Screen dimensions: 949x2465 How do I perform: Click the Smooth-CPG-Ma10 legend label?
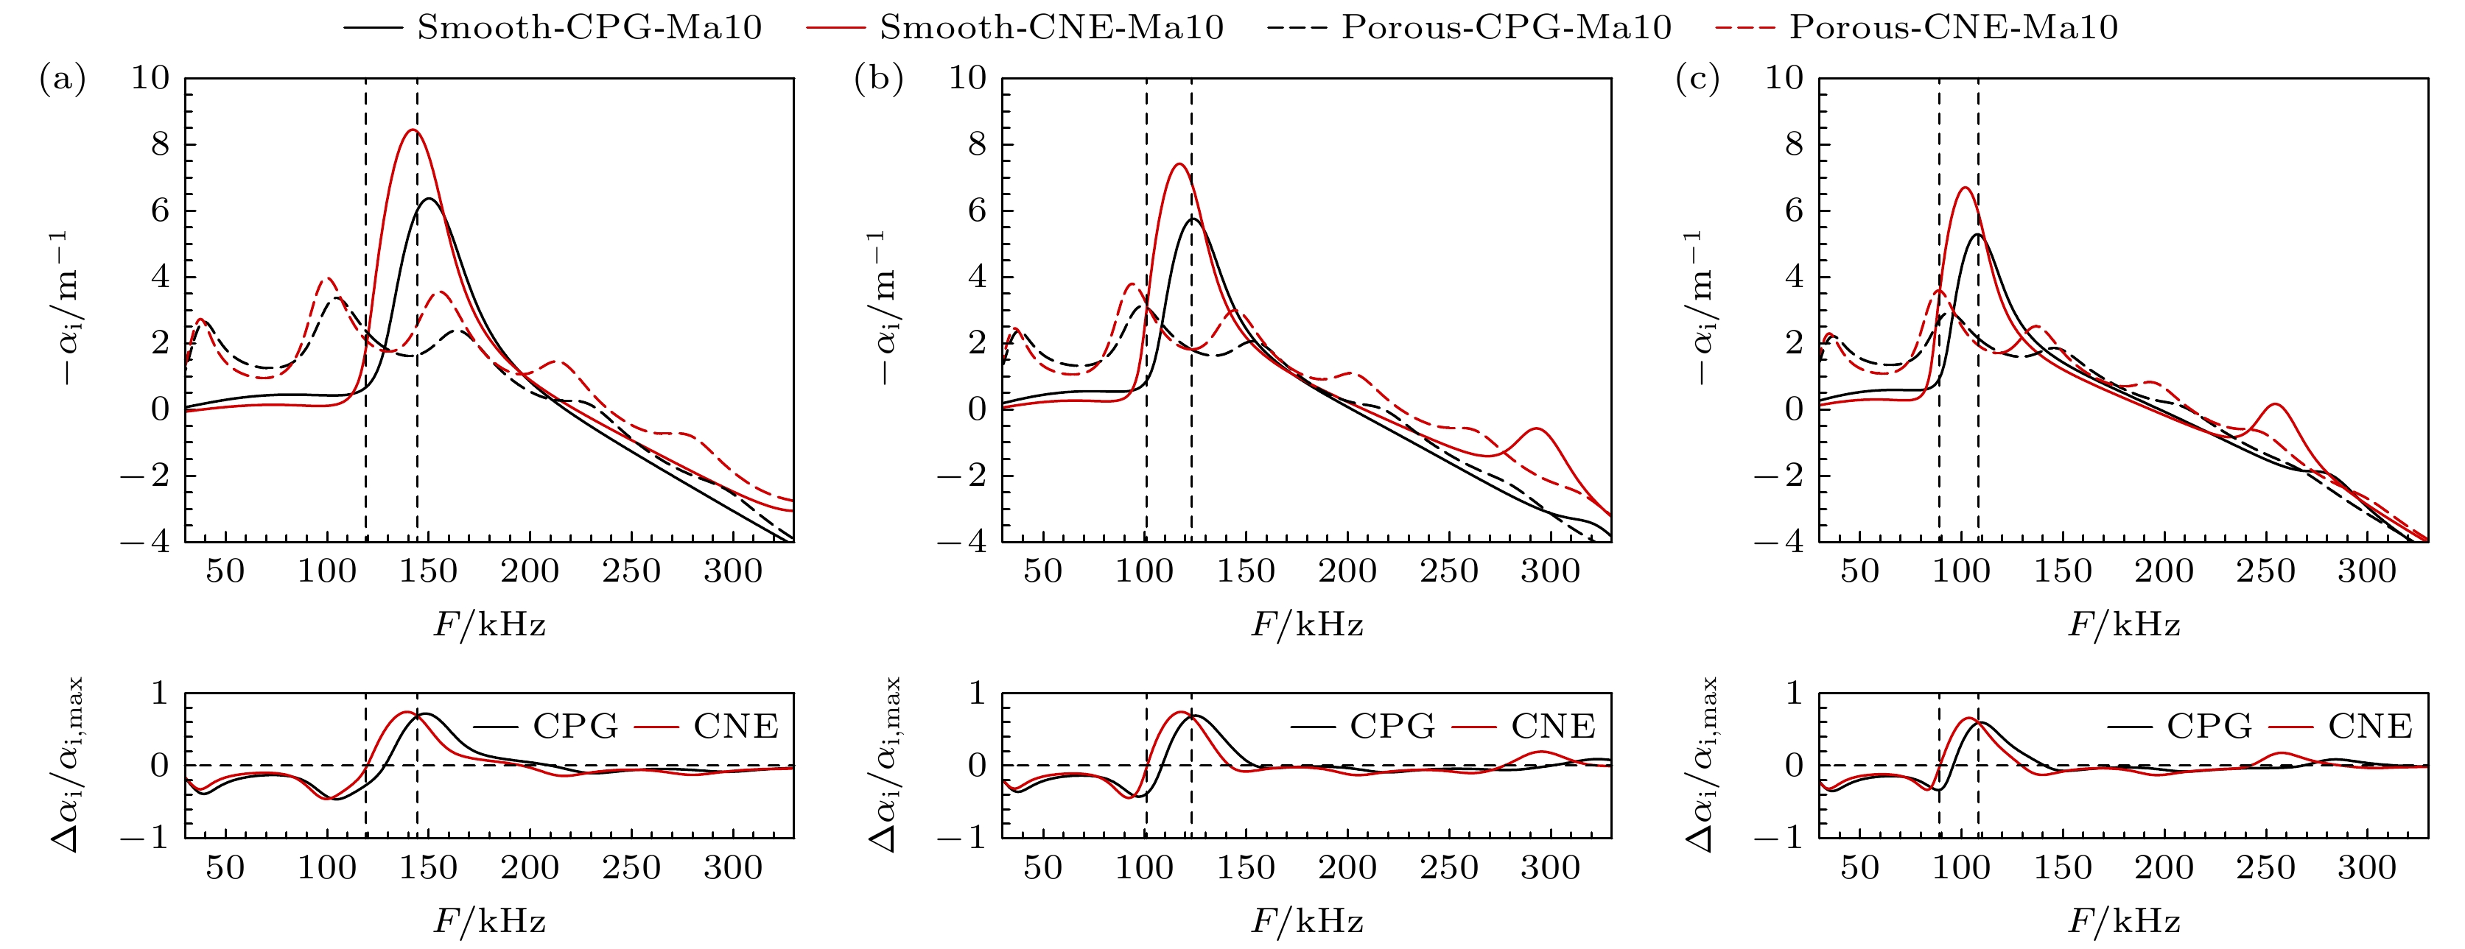[589, 27]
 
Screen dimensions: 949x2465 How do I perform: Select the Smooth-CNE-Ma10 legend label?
[1052, 27]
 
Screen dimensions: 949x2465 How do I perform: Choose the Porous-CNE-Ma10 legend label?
[1953, 27]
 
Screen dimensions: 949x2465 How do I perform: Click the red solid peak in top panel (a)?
[413, 130]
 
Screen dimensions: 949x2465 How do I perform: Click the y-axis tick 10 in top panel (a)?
[150, 79]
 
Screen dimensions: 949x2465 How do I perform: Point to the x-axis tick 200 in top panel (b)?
[1347, 572]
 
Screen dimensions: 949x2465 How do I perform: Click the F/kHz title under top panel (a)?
[490, 626]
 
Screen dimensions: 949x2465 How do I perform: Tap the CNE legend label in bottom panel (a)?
[736, 727]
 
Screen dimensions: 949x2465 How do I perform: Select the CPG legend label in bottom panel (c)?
[2209, 727]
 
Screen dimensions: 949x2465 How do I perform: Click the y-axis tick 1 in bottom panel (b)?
[976, 693]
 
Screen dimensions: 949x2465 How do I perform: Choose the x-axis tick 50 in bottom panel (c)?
[1859, 869]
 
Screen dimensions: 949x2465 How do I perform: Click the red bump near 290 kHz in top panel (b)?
[1537, 428]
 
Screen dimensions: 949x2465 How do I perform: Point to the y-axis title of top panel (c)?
[1700, 308]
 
